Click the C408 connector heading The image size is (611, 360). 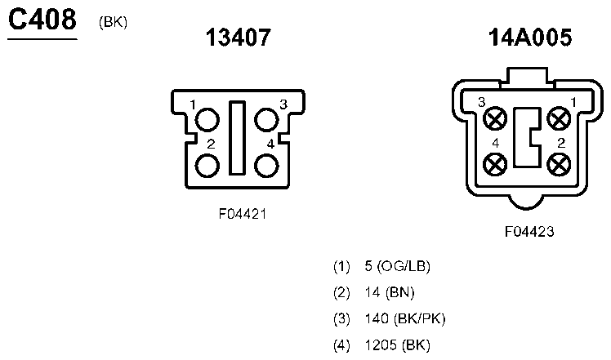(42, 20)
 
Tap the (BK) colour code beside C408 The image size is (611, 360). (113, 22)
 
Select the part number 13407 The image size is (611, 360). (238, 38)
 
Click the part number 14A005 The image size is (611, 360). (530, 38)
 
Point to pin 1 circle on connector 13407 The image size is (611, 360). (207, 120)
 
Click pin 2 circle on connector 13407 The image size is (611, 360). (207, 166)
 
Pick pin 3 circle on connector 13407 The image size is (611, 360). (266, 120)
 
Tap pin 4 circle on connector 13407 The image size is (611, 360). (266, 166)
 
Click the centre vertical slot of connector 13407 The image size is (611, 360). (237, 138)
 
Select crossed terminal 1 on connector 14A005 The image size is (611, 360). (560, 118)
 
